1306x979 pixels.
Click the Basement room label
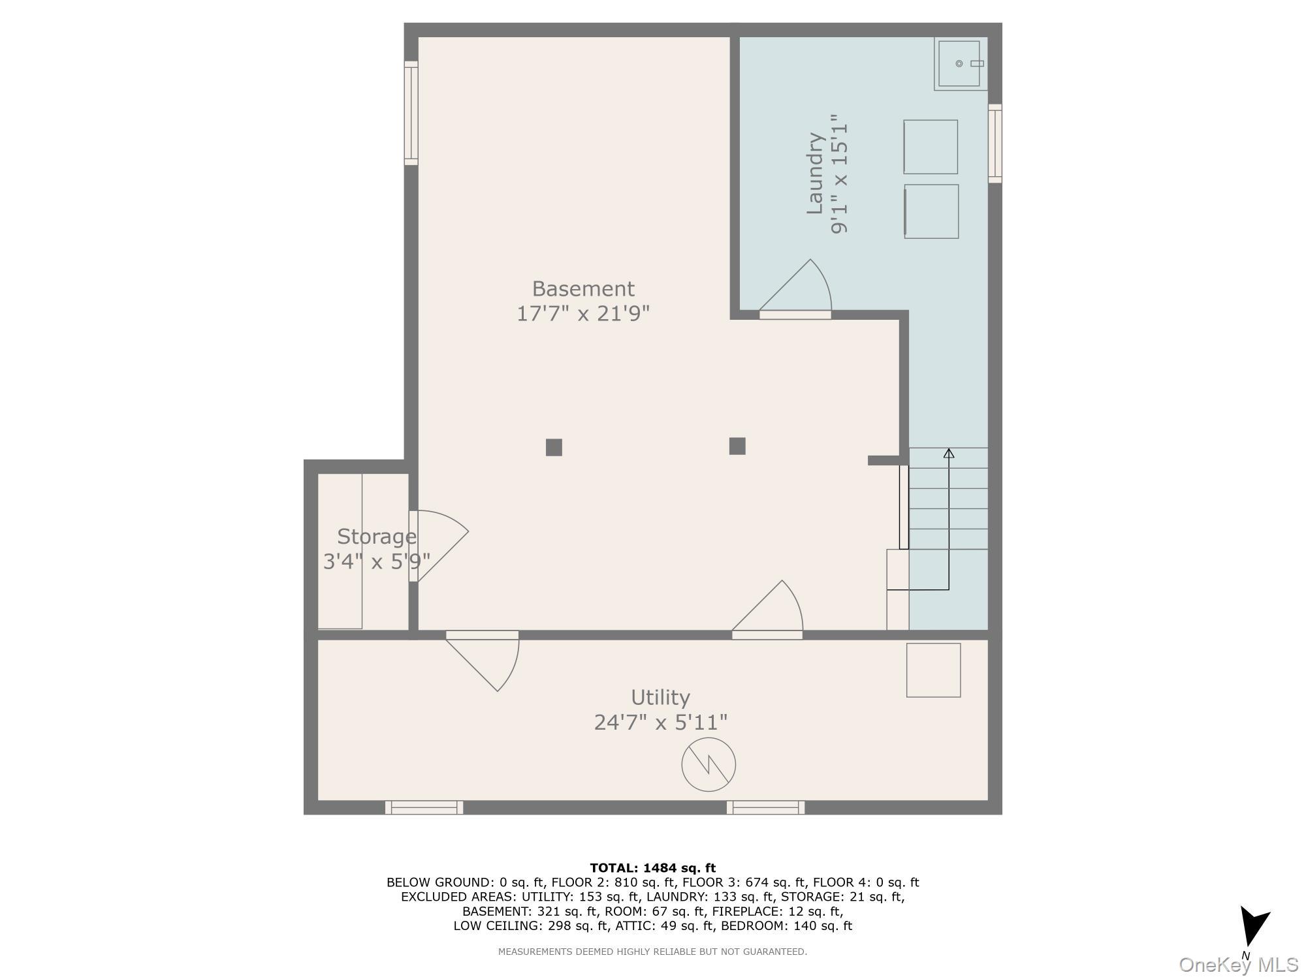(582, 288)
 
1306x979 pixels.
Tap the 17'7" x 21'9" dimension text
(582, 314)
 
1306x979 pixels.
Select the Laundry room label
(815, 174)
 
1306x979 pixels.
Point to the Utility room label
(660, 698)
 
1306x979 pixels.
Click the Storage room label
(376, 536)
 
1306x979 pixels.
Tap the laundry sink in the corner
(959, 63)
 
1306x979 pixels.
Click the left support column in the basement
(554, 447)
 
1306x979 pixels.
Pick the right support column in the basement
(737, 446)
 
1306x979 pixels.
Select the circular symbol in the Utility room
(709, 764)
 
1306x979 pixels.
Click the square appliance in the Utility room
(933, 670)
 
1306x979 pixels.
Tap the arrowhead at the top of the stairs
(949, 453)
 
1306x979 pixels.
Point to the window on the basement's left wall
(411, 113)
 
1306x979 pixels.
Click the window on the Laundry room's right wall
(995, 144)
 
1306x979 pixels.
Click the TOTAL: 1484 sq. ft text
(652, 868)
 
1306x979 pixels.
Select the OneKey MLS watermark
(1238, 965)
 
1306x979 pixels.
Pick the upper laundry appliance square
(931, 147)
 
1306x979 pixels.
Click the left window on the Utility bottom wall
(424, 807)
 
